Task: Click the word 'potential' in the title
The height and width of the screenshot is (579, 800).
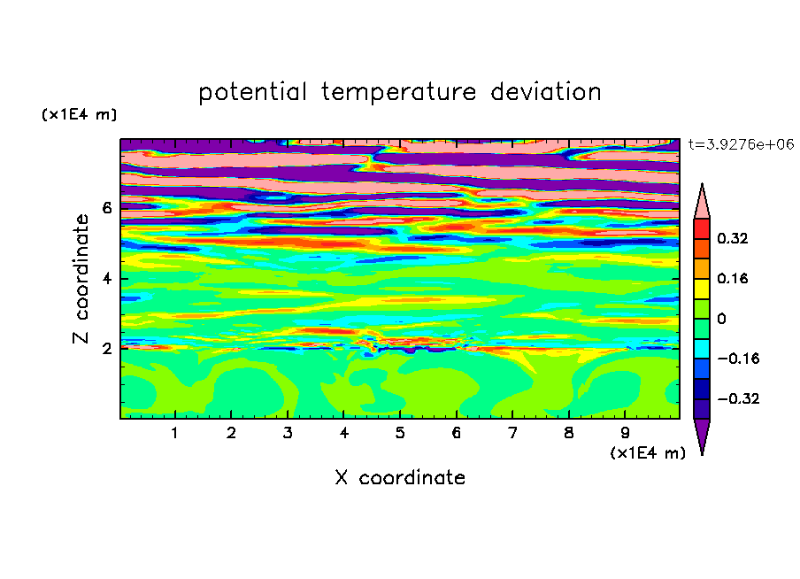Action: (x=252, y=93)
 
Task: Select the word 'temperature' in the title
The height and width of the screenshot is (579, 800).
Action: (x=399, y=93)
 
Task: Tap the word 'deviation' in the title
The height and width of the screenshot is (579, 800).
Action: (x=546, y=92)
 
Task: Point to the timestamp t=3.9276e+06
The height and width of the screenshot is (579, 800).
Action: (x=742, y=144)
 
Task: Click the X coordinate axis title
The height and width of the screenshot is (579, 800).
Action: (x=400, y=478)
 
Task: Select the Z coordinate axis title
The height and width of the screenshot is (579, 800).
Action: (x=81, y=279)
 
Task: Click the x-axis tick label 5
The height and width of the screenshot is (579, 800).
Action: (x=400, y=434)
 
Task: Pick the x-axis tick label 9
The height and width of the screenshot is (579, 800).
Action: (x=625, y=434)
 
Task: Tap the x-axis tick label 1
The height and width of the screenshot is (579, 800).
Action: (x=175, y=434)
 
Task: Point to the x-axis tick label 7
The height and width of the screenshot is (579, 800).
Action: (x=512, y=434)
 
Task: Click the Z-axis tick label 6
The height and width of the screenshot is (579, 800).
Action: (x=106, y=208)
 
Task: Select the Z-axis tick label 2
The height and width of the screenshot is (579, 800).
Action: (x=106, y=349)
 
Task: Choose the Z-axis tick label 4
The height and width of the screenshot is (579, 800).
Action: (x=106, y=279)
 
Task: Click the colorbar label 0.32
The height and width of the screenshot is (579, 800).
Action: (x=733, y=238)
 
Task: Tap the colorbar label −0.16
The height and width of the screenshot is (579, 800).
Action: (x=738, y=359)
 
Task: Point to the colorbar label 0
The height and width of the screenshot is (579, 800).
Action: (x=721, y=319)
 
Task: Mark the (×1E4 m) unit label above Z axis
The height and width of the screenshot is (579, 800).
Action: (x=79, y=115)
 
